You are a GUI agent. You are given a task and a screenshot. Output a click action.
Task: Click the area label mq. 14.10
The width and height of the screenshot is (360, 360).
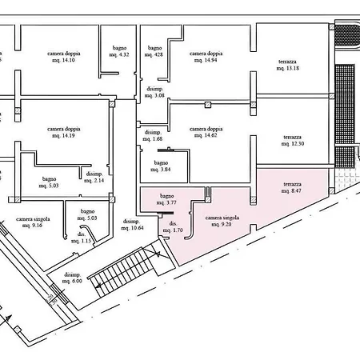(63, 60)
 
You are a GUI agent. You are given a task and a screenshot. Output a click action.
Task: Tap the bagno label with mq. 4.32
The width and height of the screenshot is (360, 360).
(119, 51)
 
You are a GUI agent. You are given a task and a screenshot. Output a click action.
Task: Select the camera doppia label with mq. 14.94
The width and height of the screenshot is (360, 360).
(206, 57)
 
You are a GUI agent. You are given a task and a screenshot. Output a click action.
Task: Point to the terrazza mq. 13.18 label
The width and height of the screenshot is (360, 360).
(287, 65)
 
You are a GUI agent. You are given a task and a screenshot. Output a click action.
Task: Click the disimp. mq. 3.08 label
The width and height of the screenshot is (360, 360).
(154, 92)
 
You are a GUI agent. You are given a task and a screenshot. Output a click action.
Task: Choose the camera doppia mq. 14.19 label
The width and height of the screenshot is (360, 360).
(64, 132)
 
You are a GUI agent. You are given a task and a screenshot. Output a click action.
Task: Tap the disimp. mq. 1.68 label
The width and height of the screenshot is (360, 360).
(153, 136)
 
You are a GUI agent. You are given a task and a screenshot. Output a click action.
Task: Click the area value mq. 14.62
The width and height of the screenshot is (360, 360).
(206, 135)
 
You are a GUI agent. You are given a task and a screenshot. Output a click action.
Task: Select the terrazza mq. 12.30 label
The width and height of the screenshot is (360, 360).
(293, 141)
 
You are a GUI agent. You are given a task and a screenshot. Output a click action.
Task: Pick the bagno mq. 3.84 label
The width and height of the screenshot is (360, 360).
(161, 166)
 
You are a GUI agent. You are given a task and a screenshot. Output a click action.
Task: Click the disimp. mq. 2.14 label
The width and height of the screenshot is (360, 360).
(94, 178)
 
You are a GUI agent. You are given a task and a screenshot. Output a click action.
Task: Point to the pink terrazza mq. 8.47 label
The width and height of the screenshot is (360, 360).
(292, 188)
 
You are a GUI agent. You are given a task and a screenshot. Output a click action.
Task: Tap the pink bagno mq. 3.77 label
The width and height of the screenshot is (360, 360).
(166, 199)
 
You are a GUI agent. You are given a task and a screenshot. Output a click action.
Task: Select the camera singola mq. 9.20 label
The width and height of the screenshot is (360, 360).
(222, 221)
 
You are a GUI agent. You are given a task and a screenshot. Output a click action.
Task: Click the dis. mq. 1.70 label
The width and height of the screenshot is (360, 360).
(173, 227)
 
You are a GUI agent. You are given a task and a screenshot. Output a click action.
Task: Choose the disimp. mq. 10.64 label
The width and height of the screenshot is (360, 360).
(132, 225)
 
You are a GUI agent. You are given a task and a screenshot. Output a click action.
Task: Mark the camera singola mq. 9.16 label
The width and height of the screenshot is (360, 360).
(33, 222)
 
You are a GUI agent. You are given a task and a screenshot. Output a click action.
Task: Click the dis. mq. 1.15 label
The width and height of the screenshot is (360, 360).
(82, 238)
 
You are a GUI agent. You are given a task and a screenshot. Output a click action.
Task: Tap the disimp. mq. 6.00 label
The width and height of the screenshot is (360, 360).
(72, 278)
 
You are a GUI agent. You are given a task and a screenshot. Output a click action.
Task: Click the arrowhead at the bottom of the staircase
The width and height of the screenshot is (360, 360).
(98, 286)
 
